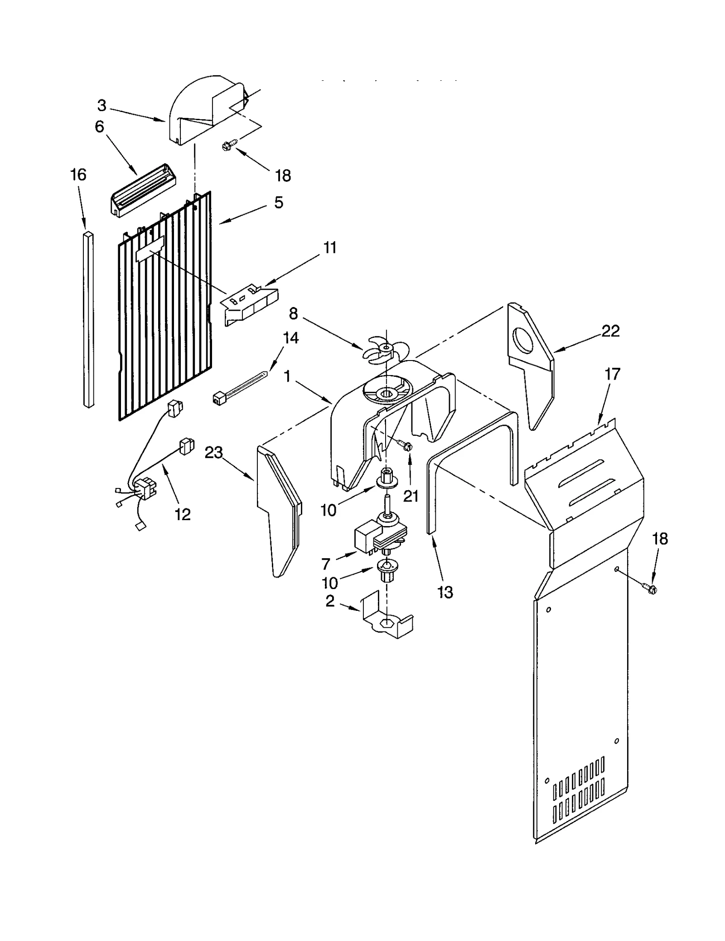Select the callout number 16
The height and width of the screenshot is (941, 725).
pyautogui.click(x=78, y=175)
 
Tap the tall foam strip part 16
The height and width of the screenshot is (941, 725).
pyautogui.click(x=89, y=320)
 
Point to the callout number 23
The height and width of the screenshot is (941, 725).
pyautogui.click(x=214, y=452)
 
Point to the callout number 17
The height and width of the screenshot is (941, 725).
pyautogui.click(x=612, y=374)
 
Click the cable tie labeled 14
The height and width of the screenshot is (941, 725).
pyautogui.click(x=239, y=388)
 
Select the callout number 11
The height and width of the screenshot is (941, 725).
pyautogui.click(x=330, y=248)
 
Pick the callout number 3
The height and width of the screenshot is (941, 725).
pyautogui.click(x=102, y=106)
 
